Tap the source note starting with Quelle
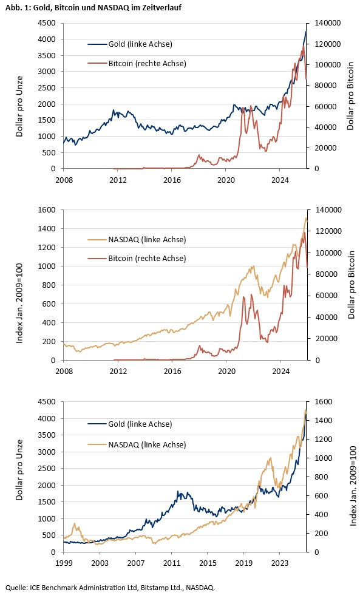pyautogui.click(x=110, y=588)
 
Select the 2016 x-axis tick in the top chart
pyautogui.click(x=172, y=180)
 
